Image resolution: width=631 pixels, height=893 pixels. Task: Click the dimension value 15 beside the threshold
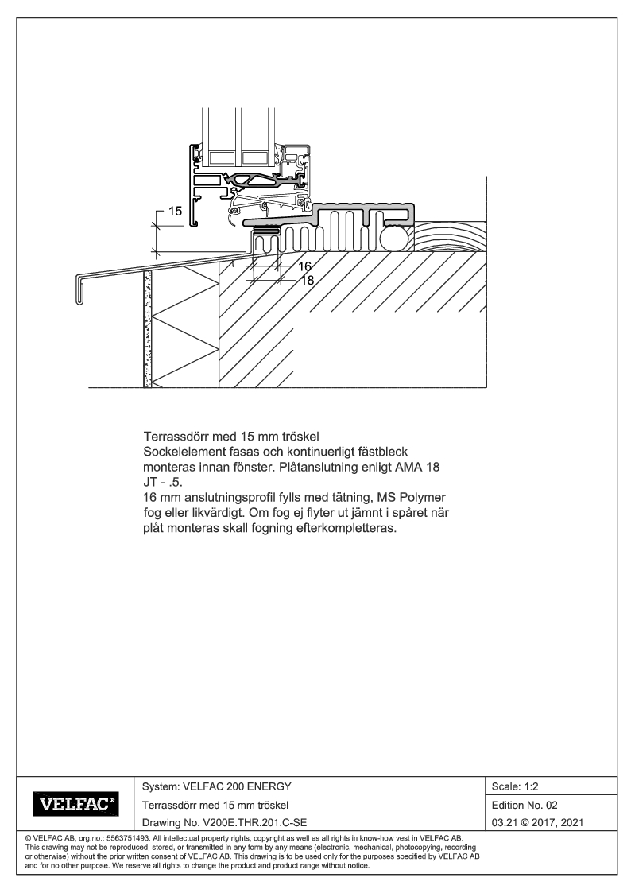tap(175, 212)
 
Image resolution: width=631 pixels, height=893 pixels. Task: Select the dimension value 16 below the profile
tap(304, 267)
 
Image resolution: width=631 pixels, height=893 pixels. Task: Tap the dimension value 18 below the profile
tap(307, 280)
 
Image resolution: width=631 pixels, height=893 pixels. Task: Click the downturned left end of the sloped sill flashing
tap(79, 291)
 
